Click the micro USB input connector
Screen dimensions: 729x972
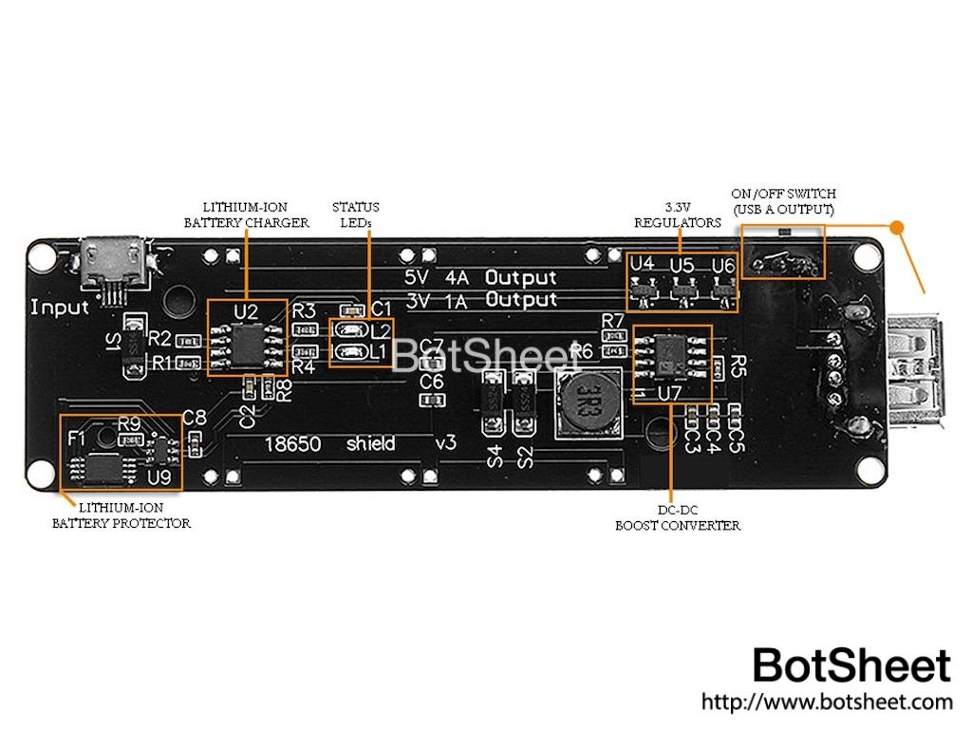[114, 260]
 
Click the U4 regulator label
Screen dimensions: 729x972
[643, 264]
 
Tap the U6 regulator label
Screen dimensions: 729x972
[722, 265]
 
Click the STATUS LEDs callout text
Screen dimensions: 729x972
[356, 215]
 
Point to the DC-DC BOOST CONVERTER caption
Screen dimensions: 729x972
[677, 517]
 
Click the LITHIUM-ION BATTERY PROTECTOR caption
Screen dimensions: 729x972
[121, 515]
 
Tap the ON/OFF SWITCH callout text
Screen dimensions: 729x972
[783, 201]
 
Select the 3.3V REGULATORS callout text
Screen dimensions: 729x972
[677, 215]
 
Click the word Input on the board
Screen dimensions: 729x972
[60, 308]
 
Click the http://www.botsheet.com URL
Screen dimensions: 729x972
[827, 702]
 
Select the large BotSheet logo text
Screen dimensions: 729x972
[851, 665]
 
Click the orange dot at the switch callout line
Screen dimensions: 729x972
[897, 227]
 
